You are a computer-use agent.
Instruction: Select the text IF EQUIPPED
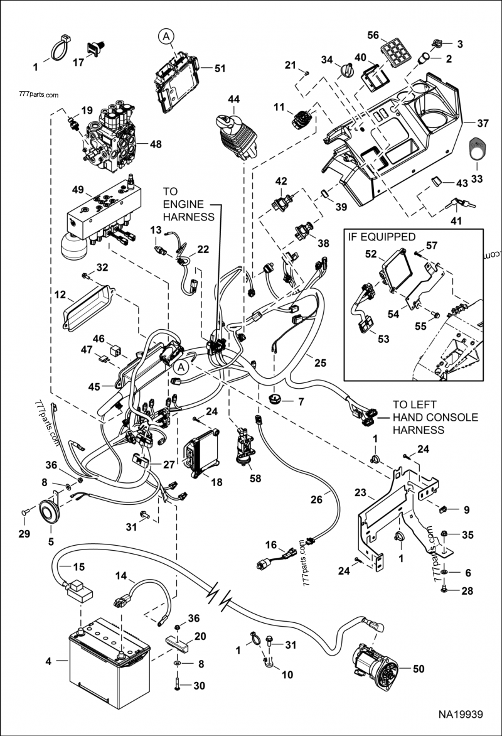[x=381, y=237]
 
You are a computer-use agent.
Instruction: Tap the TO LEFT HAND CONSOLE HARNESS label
[x=426, y=417]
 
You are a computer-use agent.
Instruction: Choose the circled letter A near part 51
[x=165, y=38]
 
